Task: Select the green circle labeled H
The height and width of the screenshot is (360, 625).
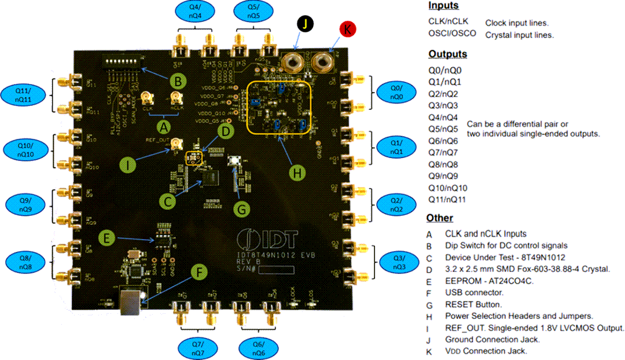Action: tap(296, 172)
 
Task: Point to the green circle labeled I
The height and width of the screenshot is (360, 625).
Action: tap(128, 165)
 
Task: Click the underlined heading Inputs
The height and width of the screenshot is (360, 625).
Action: tap(443, 5)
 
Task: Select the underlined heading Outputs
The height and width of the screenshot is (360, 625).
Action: tap(447, 54)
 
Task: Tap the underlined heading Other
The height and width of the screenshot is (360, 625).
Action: tap(440, 218)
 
